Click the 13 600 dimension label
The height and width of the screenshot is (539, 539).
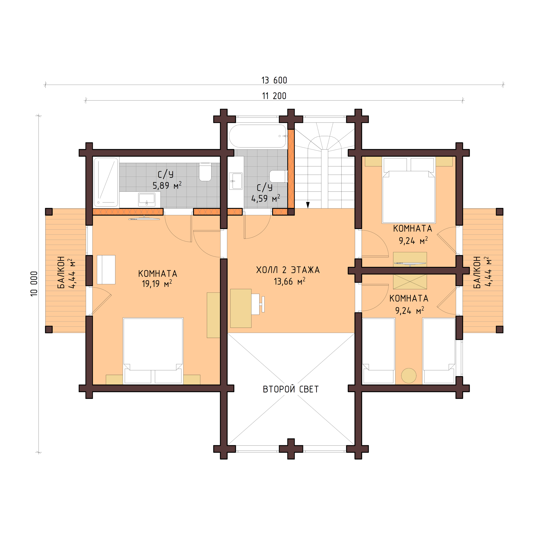(x=274, y=80)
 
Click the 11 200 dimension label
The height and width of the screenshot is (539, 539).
(x=274, y=96)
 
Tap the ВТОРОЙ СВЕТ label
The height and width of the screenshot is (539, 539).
(x=291, y=389)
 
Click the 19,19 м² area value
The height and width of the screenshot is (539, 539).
(x=157, y=284)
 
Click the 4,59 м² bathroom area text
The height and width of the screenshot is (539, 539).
(x=265, y=198)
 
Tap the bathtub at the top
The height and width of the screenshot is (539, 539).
(x=258, y=136)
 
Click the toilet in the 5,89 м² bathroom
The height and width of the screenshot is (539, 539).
(x=205, y=172)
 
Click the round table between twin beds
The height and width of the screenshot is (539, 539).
(x=409, y=376)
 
